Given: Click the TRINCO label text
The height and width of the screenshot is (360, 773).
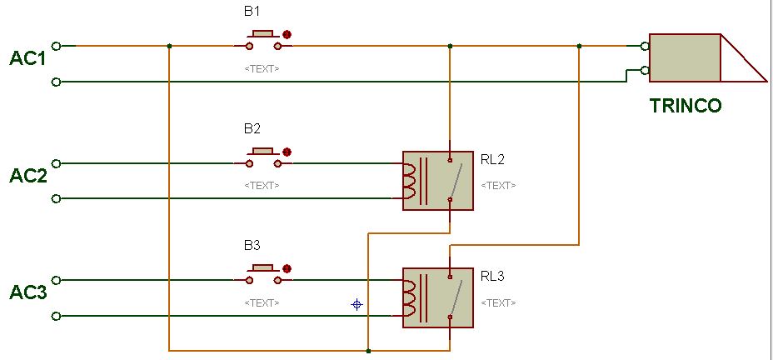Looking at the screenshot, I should point(685,106).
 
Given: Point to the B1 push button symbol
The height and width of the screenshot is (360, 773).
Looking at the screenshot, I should point(263,38).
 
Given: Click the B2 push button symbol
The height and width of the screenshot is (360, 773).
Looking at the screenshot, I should point(263,156).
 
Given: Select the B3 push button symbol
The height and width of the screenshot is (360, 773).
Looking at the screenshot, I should point(263,272).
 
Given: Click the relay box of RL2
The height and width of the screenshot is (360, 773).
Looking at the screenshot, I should point(438,180).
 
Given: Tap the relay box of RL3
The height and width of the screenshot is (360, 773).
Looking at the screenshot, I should point(438,297).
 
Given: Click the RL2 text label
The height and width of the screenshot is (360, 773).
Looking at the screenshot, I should point(492,158).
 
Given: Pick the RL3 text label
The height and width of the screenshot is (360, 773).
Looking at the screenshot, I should point(492,275).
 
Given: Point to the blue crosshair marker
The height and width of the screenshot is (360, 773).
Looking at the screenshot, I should point(357,304).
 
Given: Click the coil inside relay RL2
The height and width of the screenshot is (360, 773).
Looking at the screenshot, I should point(409,182).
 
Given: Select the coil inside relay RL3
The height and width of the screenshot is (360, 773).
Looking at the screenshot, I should point(409,298).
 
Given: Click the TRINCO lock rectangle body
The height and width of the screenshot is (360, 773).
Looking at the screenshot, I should point(685,57).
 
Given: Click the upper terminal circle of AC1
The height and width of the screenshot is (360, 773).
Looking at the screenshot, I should point(56,46).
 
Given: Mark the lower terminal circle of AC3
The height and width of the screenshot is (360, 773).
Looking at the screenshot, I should point(56,316).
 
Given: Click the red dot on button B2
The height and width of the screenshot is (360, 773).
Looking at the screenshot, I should point(287,152).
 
